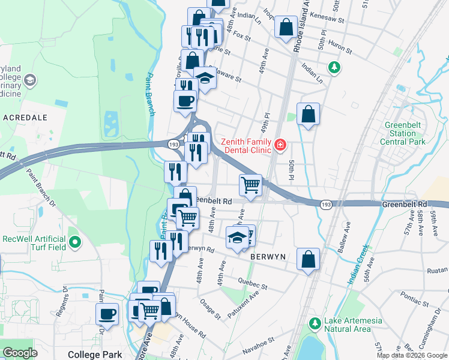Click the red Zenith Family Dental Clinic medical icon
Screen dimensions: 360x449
click(x=279, y=145)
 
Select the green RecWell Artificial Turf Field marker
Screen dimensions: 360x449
click(x=75, y=242)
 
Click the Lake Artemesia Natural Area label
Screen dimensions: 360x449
click(x=353, y=325)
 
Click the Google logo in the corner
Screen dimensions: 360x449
click(x=20, y=353)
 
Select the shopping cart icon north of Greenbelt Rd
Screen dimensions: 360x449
click(x=250, y=184)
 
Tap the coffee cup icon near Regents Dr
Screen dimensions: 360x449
click(x=108, y=313)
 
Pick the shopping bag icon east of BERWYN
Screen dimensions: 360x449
click(x=308, y=259)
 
